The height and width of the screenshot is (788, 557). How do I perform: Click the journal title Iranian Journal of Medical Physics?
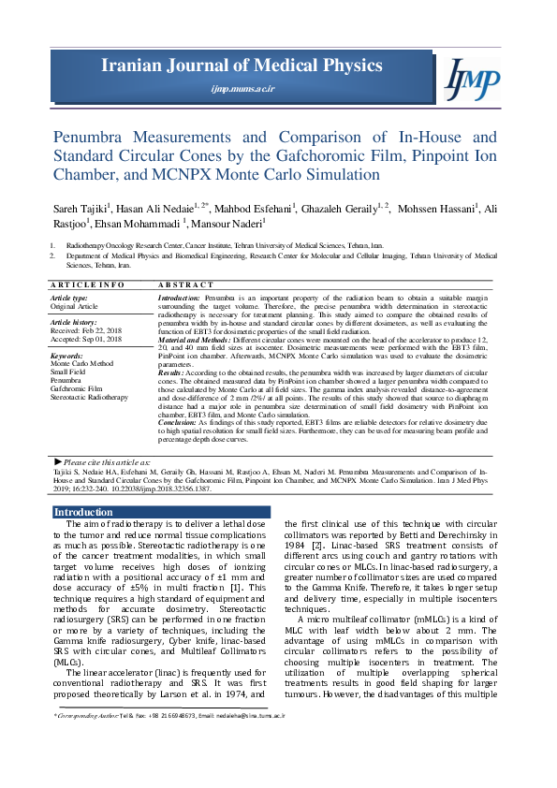242,66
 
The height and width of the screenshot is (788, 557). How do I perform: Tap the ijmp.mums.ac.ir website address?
242,88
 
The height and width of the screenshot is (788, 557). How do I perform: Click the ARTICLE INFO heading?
87,285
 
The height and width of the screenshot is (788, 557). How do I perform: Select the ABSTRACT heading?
186,285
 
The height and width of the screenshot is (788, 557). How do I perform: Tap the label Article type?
69,297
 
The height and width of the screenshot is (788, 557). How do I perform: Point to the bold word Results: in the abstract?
170,372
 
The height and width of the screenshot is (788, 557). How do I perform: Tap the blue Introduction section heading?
83,512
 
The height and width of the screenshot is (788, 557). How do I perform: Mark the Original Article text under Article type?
77,306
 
